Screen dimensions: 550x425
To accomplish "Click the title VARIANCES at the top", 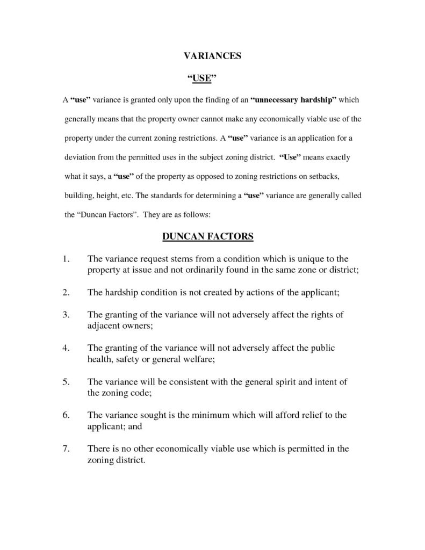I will tap(212, 56).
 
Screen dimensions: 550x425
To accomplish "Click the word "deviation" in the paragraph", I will tap(81, 160).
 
